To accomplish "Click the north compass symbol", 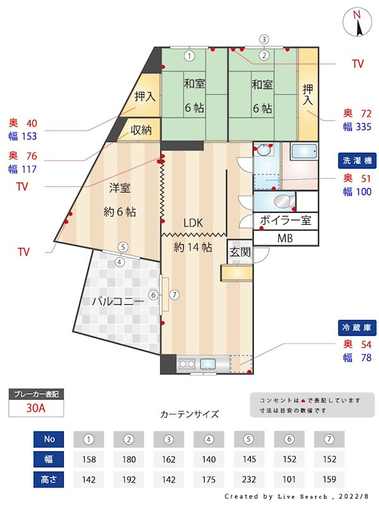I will click(x=357, y=23).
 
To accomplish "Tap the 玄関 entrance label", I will click(x=240, y=252).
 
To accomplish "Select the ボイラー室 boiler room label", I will click(x=286, y=221).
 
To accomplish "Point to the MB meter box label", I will click(x=286, y=239).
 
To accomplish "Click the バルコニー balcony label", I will click(x=117, y=302).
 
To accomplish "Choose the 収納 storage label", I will click(x=141, y=130).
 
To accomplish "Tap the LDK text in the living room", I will click(x=193, y=223).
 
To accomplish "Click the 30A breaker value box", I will click(x=36, y=408).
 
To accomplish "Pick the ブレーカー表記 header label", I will click(x=36, y=394).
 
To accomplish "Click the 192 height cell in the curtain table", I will click(x=129, y=479).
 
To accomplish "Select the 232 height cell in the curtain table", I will click(x=250, y=479).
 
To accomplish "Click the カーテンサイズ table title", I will click(x=189, y=415).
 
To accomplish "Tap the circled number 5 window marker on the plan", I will click(x=123, y=247).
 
